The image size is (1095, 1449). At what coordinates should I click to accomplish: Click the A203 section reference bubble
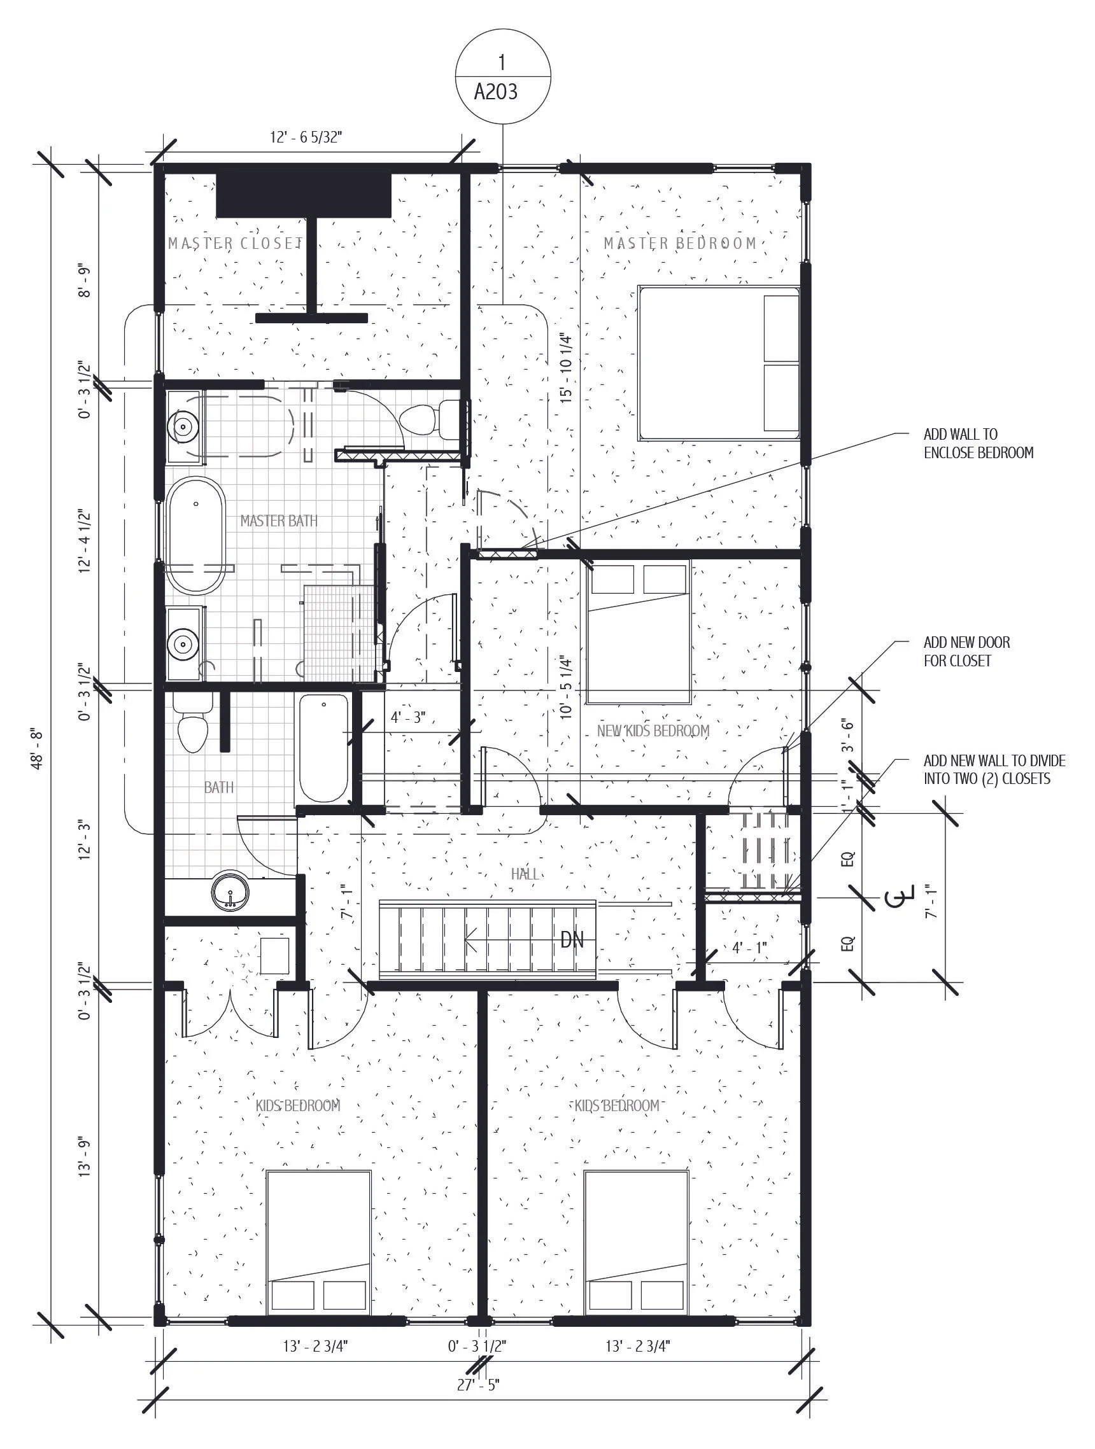click(x=502, y=77)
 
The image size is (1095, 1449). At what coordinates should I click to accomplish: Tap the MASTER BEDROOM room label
click(x=680, y=244)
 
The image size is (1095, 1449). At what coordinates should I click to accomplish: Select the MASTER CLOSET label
click(x=234, y=244)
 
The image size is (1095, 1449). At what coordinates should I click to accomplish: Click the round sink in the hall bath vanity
click(x=230, y=892)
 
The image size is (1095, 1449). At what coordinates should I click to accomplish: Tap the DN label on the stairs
click(x=572, y=941)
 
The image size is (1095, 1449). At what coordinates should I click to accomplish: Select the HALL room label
click(x=525, y=874)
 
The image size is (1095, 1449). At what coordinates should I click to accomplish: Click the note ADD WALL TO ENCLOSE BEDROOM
click(x=978, y=444)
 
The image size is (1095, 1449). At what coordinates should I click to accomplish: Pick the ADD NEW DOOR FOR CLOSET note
click(x=966, y=651)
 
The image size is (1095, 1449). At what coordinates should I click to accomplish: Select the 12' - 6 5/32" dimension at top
click(x=307, y=137)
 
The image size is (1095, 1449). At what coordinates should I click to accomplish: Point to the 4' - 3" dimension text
click(x=408, y=717)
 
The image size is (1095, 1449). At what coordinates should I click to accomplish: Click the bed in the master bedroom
click(x=718, y=363)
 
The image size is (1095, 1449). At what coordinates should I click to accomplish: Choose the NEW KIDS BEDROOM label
click(x=653, y=731)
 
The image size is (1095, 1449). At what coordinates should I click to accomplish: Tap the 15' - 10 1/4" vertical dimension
click(x=566, y=368)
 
